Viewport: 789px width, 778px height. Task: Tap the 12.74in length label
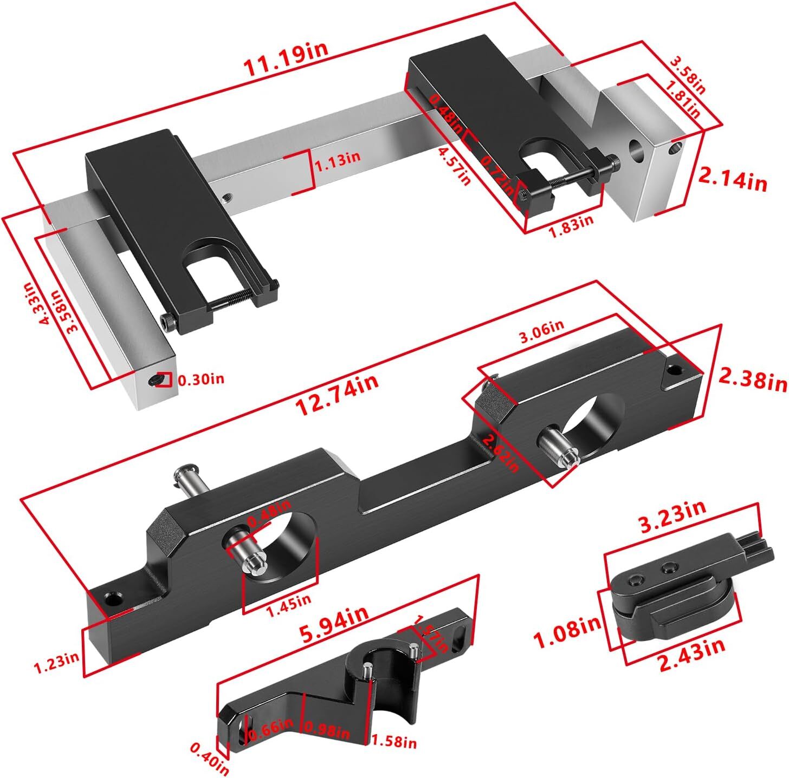(337, 395)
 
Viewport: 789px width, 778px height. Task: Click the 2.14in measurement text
(732, 180)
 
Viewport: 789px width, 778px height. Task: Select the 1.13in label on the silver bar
(338, 158)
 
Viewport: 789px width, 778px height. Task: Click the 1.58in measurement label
(393, 742)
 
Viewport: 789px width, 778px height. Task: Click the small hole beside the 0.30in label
(154, 381)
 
